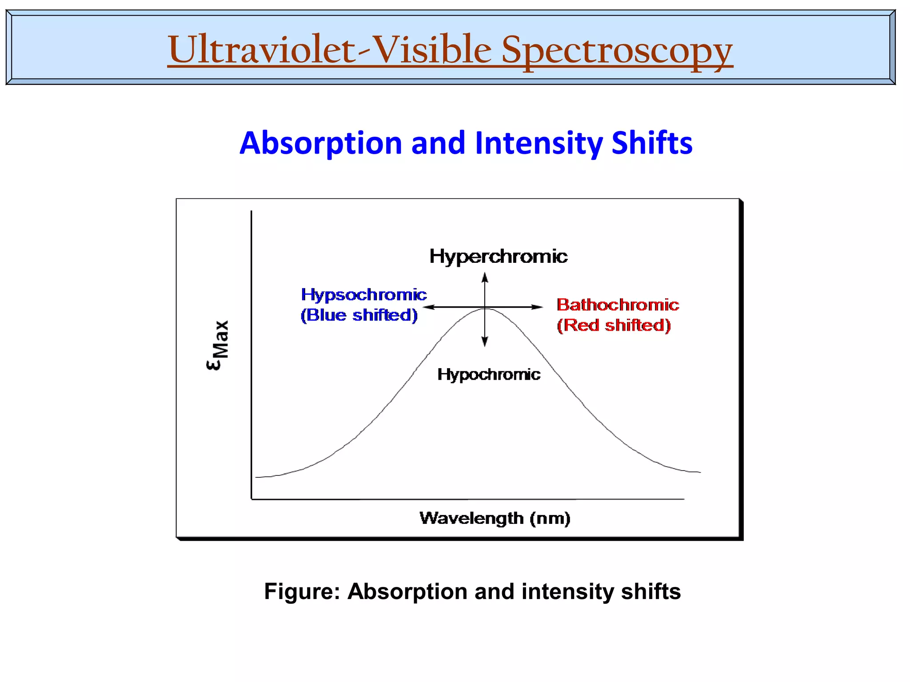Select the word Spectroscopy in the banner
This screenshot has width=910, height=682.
(617, 51)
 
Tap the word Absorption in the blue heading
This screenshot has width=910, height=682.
(321, 143)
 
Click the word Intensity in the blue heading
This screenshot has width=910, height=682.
(539, 143)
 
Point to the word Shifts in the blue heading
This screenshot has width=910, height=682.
(652, 143)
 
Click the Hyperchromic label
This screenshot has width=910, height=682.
(498, 256)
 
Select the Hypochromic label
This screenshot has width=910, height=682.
(489, 374)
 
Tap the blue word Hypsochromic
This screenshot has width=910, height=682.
(363, 294)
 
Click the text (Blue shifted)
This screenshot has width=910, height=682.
(359, 315)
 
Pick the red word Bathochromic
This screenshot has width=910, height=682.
(618, 305)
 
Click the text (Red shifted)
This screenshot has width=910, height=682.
(614, 325)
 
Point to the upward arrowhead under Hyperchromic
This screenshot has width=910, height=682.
(485, 277)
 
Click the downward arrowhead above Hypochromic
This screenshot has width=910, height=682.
(485, 342)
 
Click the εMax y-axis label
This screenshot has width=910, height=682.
(218, 345)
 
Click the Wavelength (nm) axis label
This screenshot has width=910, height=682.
(495, 518)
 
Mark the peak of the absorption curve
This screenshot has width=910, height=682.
(486, 309)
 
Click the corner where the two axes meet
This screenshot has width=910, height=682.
(251, 499)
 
